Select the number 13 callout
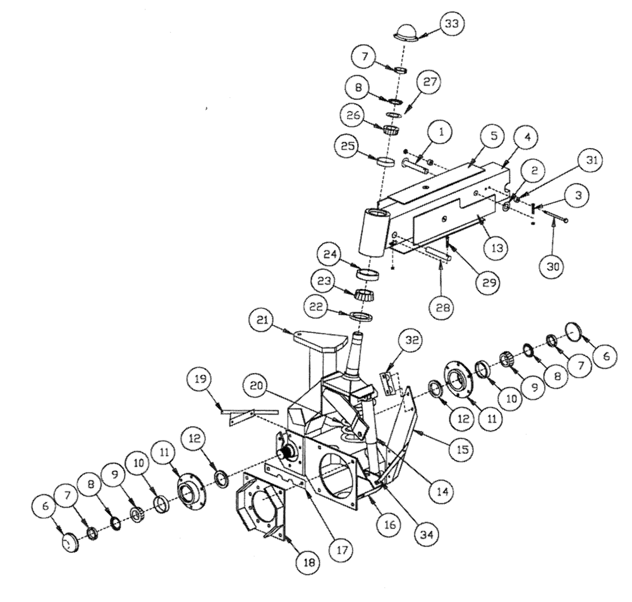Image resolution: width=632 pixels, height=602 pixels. pos(495,248)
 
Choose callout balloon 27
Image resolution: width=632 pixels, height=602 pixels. pos(427,83)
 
